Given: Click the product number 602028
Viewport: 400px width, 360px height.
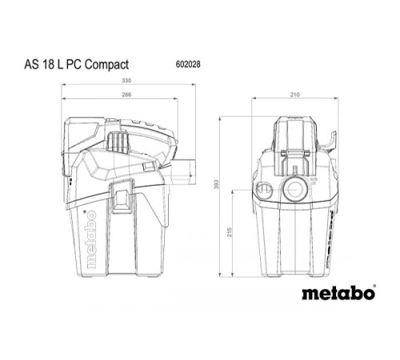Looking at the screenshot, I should click(x=186, y=62).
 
